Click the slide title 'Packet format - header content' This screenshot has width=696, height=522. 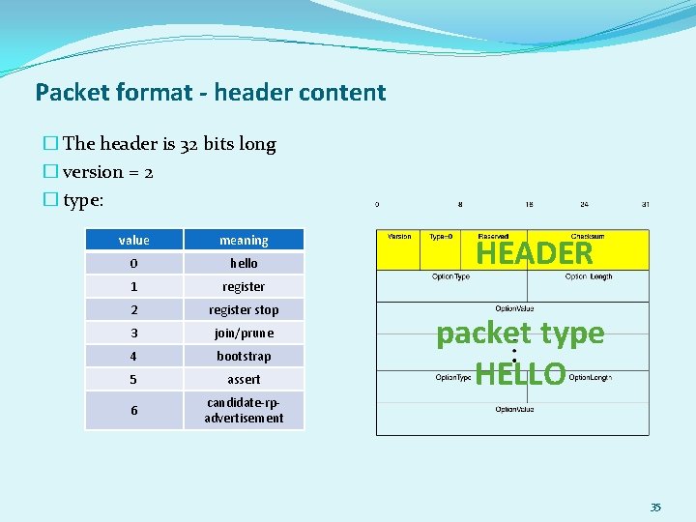click(210, 93)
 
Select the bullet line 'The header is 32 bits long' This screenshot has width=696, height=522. click(169, 144)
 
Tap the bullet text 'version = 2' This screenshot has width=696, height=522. click(107, 172)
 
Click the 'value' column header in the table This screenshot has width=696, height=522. click(133, 240)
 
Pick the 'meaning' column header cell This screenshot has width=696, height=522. click(244, 240)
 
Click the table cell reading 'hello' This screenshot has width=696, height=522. click(244, 263)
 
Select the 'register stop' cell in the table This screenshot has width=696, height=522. click(244, 309)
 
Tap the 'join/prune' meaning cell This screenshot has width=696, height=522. click(244, 333)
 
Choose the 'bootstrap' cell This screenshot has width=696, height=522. click(244, 356)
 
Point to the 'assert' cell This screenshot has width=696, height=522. click(244, 379)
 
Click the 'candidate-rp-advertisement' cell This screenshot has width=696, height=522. click(244, 410)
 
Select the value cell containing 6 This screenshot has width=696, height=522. click(133, 410)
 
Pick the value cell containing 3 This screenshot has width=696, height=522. click(133, 333)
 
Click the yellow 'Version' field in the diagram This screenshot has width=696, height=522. click(398, 237)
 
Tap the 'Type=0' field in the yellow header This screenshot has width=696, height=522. click(445, 237)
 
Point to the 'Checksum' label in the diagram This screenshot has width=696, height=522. click(589, 236)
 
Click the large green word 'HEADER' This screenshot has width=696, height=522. click(535, 253)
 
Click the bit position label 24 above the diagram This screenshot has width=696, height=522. click(584, 205)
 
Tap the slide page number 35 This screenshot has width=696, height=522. click(654, 507)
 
